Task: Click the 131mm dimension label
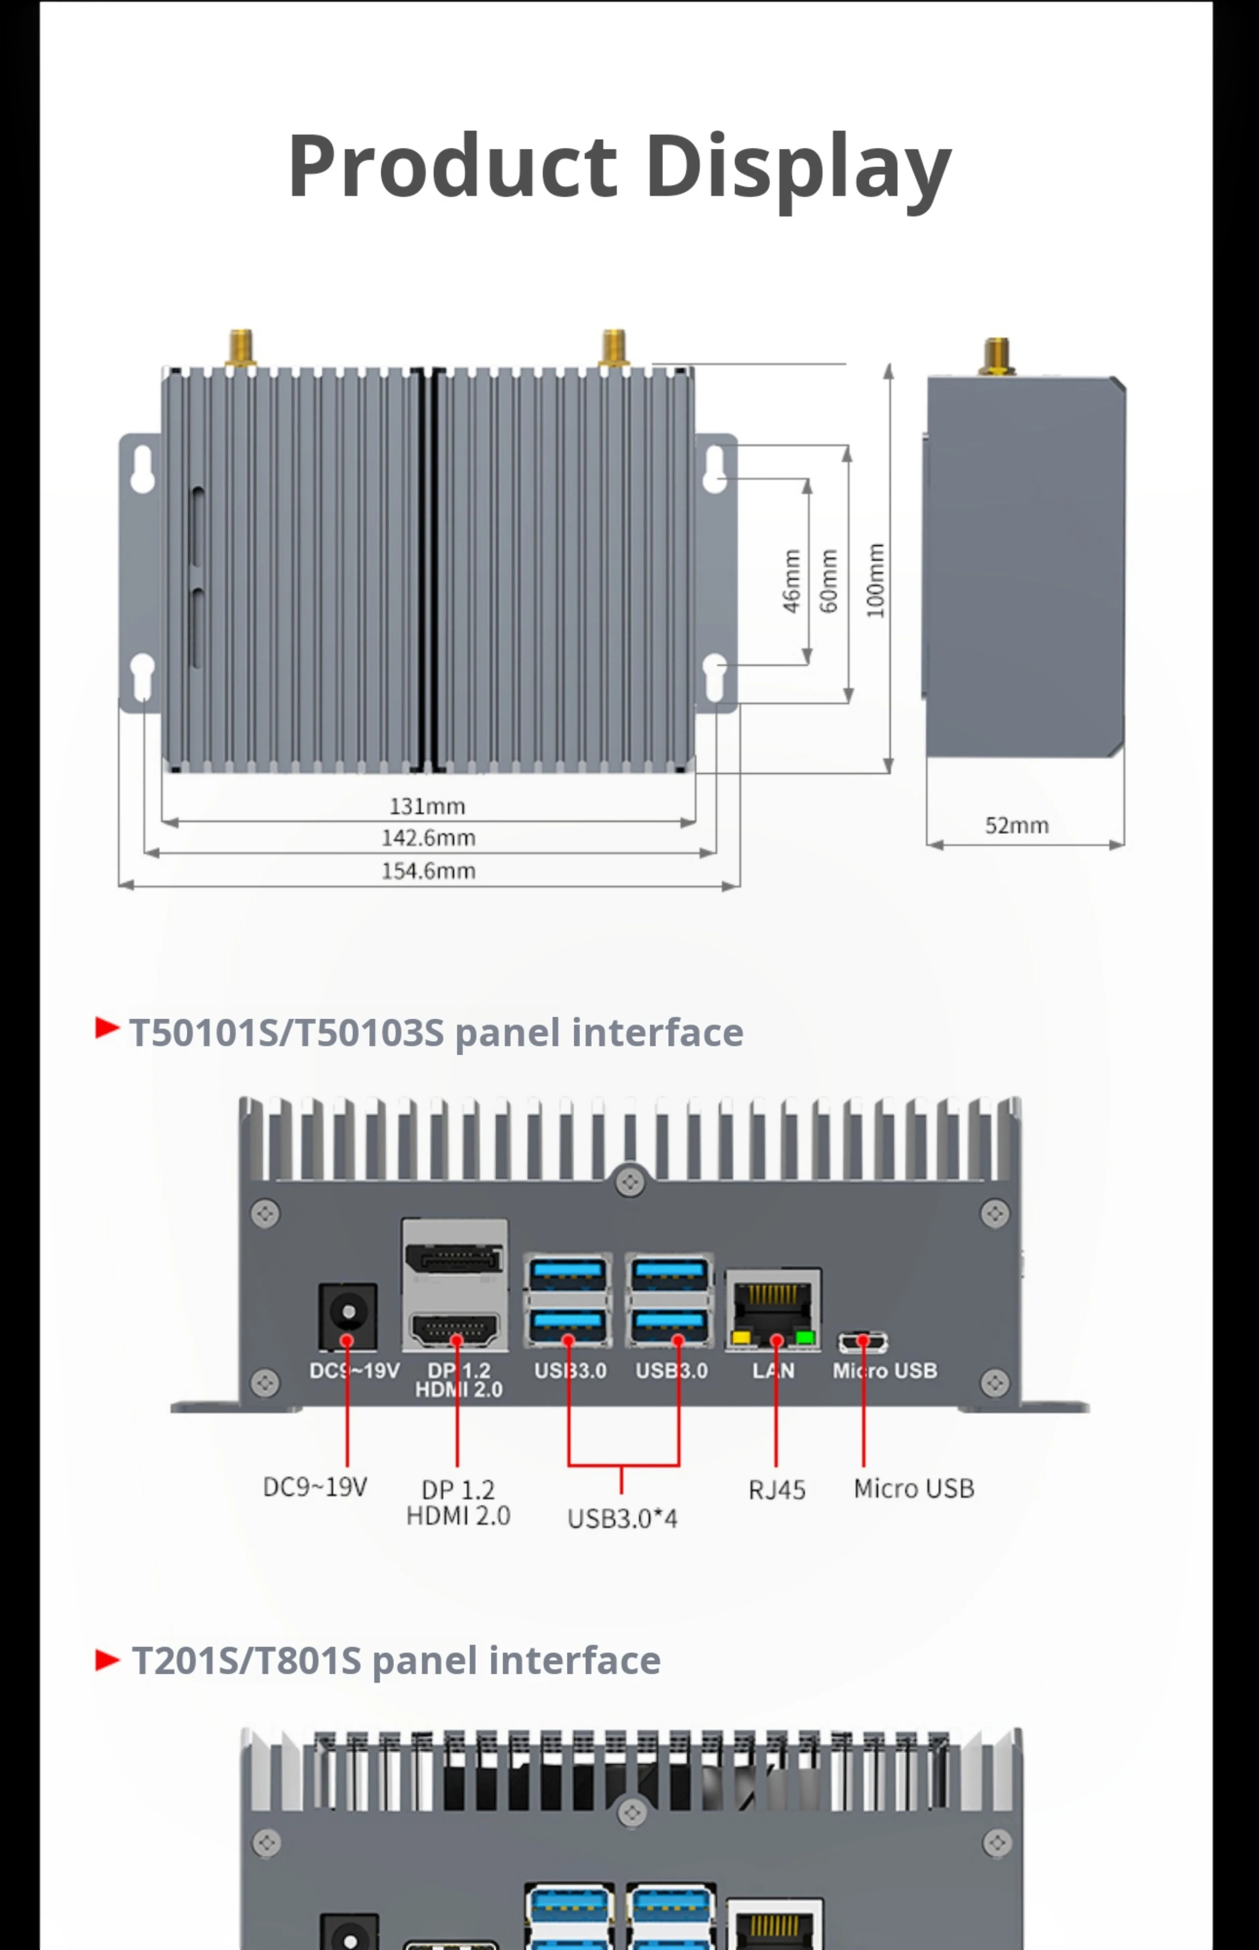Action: [x=427, y=806]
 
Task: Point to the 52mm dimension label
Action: [x=1016, y=825]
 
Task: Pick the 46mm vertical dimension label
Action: [x=791, y=580]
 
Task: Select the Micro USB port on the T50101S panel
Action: [x=863, y=1342]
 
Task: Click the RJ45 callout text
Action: [x=777, y=1490]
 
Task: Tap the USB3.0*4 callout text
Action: [x=622, y=1518]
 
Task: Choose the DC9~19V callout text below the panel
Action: [x=315, y=1486]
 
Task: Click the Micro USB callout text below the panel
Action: [x=913, y=1488]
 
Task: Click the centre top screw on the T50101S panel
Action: [x=629, y=1182]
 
